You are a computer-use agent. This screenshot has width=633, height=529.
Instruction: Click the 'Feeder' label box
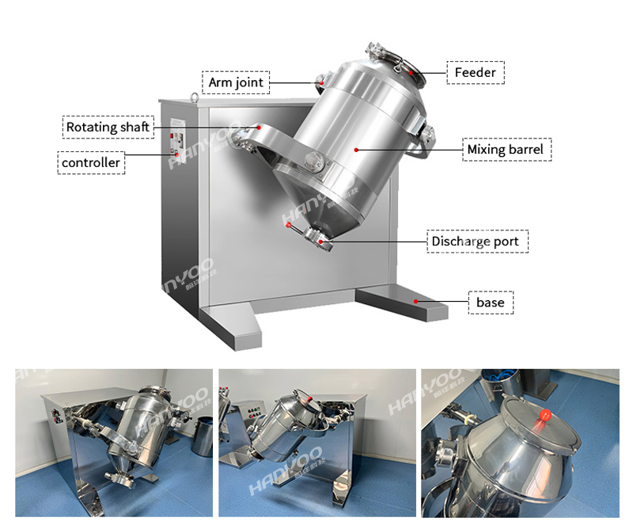click(476, 73)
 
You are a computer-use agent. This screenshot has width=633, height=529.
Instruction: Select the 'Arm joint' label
click(236, 82)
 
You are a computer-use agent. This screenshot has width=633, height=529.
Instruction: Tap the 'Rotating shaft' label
click(108, 127)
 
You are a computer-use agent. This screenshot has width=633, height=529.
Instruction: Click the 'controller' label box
click(91, 163)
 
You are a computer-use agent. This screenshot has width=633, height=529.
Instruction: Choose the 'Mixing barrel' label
click(506, 150)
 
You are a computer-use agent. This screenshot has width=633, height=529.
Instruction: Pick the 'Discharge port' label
click(478, 242)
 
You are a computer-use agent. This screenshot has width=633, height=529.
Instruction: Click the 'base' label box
click(491, 303)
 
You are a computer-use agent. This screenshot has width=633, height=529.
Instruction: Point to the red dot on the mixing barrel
click(356, 150)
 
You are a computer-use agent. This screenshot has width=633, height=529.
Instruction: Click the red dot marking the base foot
click(416, 302)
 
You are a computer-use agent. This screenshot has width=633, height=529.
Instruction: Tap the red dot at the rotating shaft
click(259, 127)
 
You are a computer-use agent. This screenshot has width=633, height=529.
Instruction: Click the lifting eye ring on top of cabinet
click(195, 97)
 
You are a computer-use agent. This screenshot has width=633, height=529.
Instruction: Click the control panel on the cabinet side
click(177, 140)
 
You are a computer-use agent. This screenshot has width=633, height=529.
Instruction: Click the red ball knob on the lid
click(545, 415)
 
